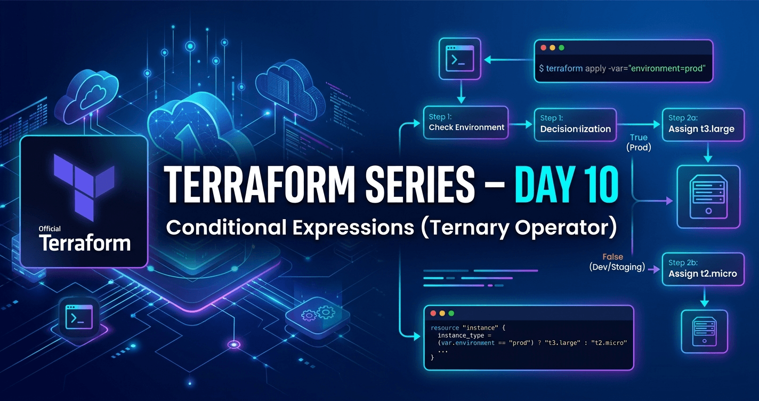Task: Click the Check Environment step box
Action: pyautogui.click(x=466, y=123)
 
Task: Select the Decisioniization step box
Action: pyautogui.click(x=575, y=124)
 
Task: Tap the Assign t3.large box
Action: pyautogui.click(x=703, y=124)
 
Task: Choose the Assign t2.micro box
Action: pyautogui.click(x=703, y=269)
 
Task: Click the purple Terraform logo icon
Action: pyautogui.click(x=84, y=181)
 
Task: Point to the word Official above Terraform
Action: pyautogui.click(x=50, y=229)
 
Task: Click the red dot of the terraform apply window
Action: pyautogui.click(x=543, y=48)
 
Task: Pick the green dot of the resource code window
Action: pyautogui.click(x=451, y=314)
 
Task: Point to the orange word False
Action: pyautogui.click(x=613, y=256)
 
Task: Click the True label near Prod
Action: pyautogui.click(x=639, y=137)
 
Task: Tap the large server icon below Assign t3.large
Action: pyautogui.click(x=708, y=197)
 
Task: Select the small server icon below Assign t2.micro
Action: pyautogui.click(x=704, y=332)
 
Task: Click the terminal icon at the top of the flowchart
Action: pyautogui.click(x=458, y=59)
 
